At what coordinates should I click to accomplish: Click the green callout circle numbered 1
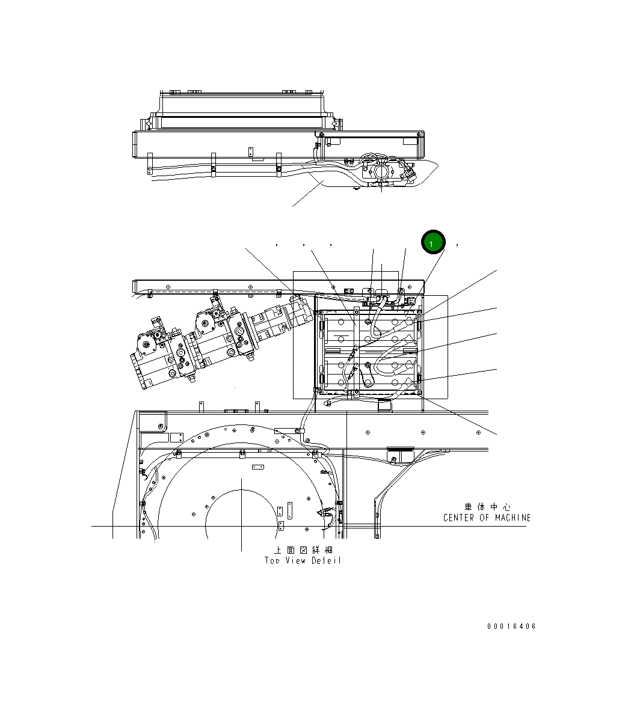433,242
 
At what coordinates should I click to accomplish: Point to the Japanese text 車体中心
487,507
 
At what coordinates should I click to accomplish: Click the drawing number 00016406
511,626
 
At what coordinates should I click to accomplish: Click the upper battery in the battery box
368,329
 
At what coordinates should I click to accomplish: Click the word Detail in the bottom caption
327,560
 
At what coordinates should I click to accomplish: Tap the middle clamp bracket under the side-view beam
213,164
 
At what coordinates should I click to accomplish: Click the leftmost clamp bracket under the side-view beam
150,164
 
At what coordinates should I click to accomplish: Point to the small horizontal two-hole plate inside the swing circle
258,467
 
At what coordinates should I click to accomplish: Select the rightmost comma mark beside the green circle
458,245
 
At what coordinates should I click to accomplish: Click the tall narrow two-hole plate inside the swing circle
289,510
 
